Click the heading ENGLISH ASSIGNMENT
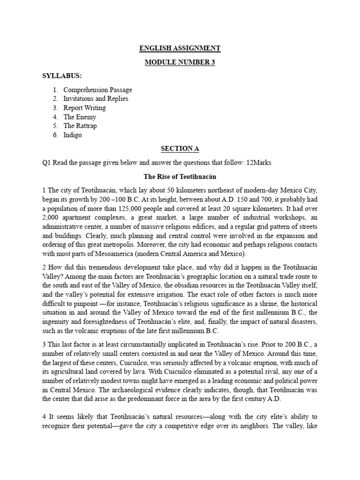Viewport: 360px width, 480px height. [x=180, y=48]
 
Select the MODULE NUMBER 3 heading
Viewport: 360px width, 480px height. [x=180, y=62]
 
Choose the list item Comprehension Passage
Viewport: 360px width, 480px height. [x=97, y=90]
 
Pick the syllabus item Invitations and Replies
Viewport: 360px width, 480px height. [x=96, y=98]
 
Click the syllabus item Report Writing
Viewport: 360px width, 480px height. [x=84, y=108]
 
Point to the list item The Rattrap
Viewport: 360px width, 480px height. [x=80, y=126]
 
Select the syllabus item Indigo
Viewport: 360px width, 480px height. [x=73, y=135]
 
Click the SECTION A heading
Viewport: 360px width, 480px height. [x=180, y=149]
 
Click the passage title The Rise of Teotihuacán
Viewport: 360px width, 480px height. [x=180, y=176]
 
